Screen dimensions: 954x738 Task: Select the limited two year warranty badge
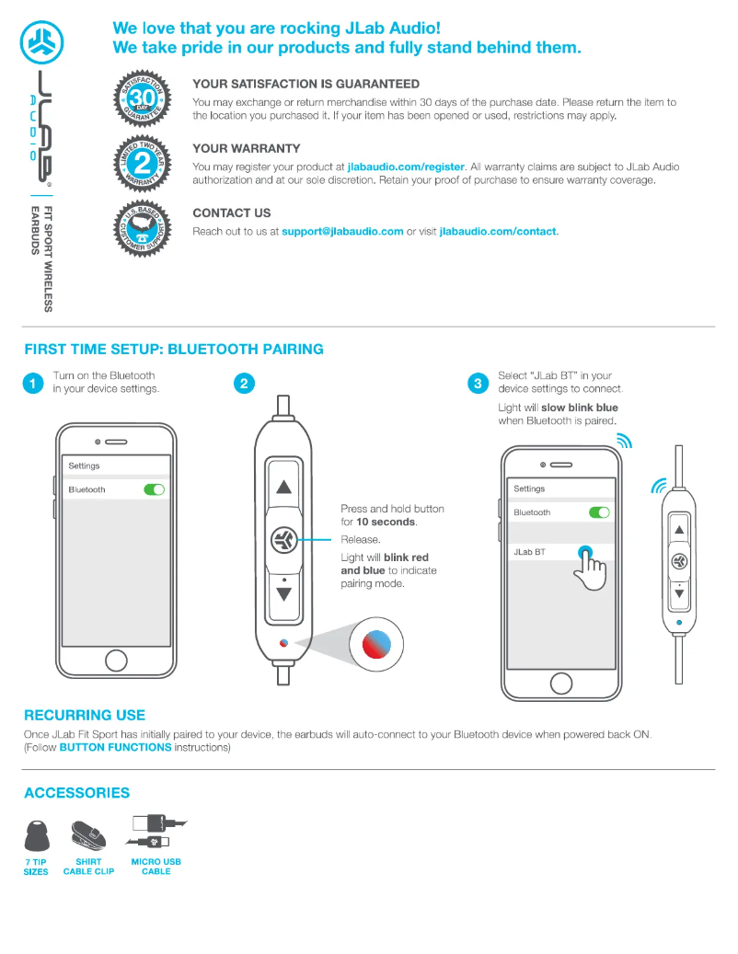coord(143,162)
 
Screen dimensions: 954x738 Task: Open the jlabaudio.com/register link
coord(406,167)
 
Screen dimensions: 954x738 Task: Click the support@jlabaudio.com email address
coord(342,232)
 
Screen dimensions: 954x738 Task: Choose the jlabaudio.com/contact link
coord(498,232)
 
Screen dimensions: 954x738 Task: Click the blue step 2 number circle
coord(244,384)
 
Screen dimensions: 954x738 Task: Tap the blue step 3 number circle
coord(478,384)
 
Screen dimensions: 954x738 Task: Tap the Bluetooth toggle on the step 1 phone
coord(154,489)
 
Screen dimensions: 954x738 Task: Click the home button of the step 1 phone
coord(116,661)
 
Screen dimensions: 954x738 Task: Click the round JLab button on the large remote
coord(283,540)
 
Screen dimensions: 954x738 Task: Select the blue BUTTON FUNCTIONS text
coord(115,747)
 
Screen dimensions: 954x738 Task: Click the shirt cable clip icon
coord(88,834)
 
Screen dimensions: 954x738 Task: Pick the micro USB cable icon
coord(157,831)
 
